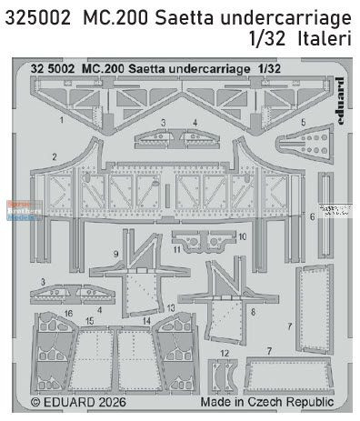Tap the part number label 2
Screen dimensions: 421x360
(x=55, y=156)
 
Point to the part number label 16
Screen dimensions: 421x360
(x=69, y=312)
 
